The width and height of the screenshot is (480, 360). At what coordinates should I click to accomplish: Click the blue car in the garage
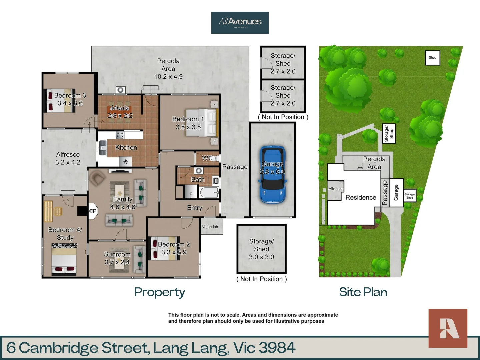click(272, 175)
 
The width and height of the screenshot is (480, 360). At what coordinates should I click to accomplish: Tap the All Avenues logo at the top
click(240, 22)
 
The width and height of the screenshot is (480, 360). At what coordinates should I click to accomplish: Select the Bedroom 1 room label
click(188, 119)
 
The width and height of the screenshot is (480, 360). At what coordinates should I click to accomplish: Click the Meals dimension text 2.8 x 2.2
click(120, 116)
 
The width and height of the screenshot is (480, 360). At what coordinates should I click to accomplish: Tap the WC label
click(207, 158)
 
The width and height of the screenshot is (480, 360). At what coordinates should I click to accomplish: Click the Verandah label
click(210, 227)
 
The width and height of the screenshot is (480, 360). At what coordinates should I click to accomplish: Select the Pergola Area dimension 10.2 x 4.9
click(168, 77)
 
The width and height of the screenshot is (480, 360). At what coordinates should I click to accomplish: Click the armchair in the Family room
click(97, 178)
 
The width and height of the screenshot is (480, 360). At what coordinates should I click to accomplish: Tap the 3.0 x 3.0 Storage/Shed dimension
click(261, 257)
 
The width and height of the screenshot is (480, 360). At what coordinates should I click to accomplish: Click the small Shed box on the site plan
click(432, 58)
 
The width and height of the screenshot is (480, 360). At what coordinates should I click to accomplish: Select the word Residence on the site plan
click(361, 197)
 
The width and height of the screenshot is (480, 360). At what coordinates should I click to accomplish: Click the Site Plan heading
click(363, 292)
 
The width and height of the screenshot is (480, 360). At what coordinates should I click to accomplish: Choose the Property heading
click(160, 292)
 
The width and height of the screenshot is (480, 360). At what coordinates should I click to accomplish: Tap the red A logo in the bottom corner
click(448, 328)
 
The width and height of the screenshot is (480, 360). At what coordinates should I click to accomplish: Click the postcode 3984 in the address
click(277, 348)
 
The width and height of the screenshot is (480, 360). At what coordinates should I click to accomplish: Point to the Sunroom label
click(117, 254)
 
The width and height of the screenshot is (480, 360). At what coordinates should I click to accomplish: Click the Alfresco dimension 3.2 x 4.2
click(68, 163)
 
